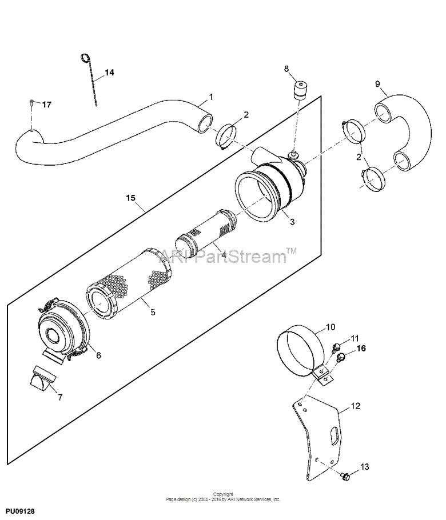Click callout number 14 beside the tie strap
[110, 73]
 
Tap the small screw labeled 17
[31, 102]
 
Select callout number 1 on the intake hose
[211, 97]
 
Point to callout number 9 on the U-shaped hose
[377, 84]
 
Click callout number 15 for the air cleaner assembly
[131, 198]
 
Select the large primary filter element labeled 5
[129, 283]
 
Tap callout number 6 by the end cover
[98, 355]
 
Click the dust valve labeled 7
[43, 378]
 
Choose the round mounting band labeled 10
[300, 351]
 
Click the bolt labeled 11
[336, 347]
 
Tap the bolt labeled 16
[340, 358]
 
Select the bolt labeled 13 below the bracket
[345, 477]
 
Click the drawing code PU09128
[20, 511]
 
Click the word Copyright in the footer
[223, 494]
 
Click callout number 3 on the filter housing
[292, 222]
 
